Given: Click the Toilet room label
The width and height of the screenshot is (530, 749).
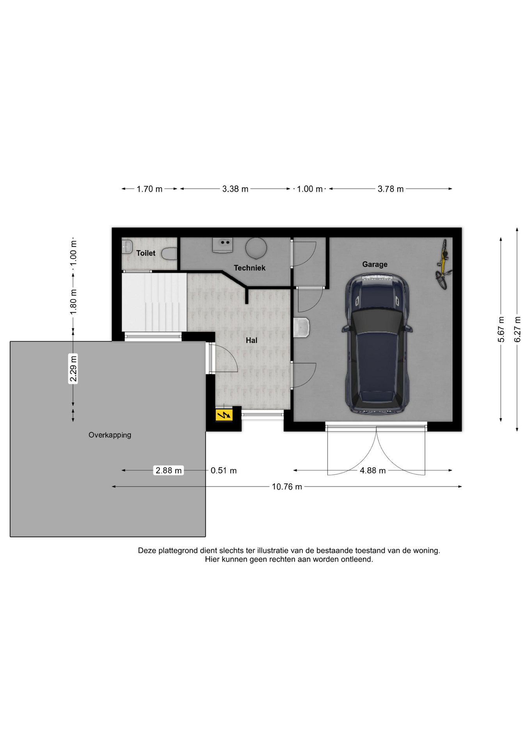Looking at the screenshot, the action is click(146, 253).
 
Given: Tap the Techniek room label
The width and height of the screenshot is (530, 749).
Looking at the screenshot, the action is click(249, 268).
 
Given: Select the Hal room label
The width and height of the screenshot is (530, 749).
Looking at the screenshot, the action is click(251, 341).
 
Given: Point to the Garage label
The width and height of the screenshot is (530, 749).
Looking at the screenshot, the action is click(375, 264).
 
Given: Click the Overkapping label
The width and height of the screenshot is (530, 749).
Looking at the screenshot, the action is click(110, 435).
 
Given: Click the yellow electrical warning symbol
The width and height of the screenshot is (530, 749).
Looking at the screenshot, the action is click(224, 415).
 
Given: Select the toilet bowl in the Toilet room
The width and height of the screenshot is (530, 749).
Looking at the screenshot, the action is click(169, 254).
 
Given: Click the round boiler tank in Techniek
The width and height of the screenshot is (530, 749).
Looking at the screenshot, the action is click(256, 248).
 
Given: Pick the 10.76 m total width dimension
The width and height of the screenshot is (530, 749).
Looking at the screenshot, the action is click(287, 487).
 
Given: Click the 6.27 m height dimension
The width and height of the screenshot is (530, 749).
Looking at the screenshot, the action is click(518, 330).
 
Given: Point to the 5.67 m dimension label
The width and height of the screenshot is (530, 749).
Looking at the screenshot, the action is click(501, 330).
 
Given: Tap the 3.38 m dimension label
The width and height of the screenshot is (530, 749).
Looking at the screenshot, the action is click(235, 189).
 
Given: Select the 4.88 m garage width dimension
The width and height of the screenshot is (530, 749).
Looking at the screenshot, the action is click(373, 471).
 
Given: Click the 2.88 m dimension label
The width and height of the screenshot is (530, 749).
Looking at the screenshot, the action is click(169, 470).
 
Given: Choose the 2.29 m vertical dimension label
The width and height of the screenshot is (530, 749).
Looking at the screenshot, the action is click(73, 369).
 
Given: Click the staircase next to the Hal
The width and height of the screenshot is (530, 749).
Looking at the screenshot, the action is click(155, 302).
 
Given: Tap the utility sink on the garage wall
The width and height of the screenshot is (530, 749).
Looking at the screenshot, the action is click(301, 327).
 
